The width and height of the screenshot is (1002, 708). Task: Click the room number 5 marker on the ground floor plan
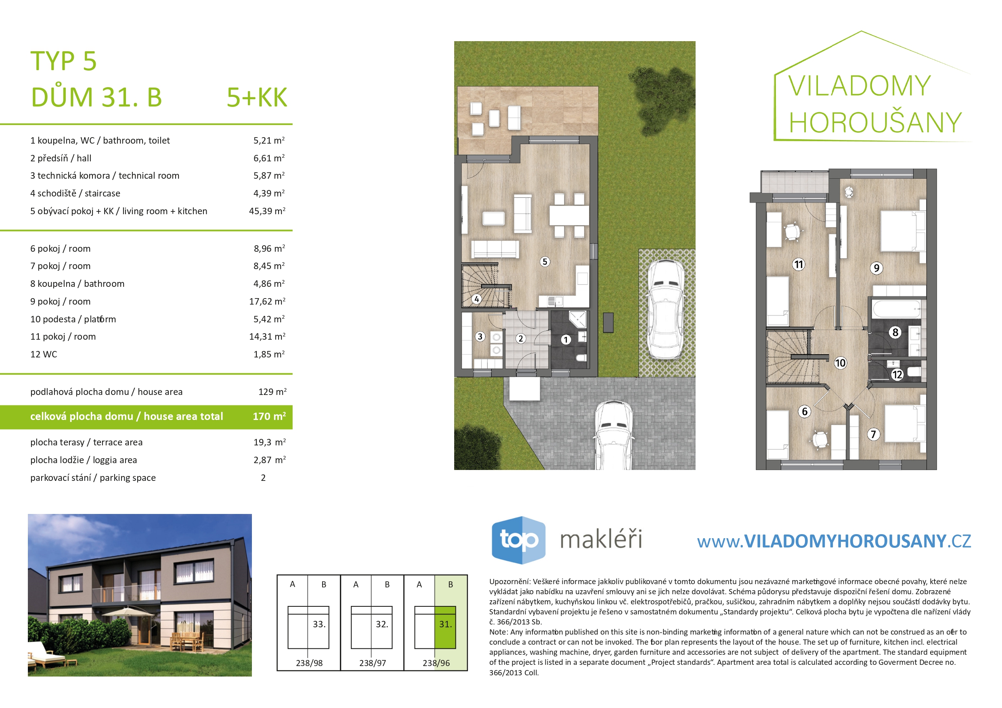click(545, 262)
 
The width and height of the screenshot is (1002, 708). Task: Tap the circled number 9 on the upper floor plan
click(876, 268)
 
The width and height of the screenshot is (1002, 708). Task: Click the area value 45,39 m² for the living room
click(267, 211)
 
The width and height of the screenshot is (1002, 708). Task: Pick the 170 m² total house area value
click(269, 416)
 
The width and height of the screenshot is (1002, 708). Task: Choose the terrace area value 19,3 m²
click(270, 442)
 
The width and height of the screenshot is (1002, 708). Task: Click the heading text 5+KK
click(257, 97)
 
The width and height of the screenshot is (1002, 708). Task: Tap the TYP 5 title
click(63, 61)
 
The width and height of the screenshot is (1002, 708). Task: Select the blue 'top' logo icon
click(518, 540)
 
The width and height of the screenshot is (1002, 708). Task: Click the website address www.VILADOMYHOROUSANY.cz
click(834, 541)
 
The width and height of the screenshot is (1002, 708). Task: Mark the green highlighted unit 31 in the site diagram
click(445, 627)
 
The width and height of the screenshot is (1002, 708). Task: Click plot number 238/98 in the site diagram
click(309, 663)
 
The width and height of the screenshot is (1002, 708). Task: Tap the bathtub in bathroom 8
click(896, 309)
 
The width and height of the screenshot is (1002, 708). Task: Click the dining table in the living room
click(569, 215)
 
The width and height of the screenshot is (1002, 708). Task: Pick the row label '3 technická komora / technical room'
click(105, 176)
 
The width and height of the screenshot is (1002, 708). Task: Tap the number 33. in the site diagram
click(319, 624)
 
